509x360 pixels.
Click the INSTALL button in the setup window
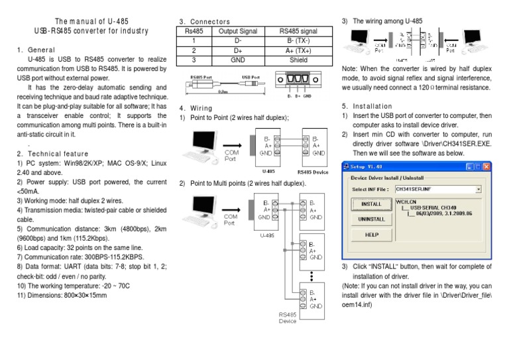371,204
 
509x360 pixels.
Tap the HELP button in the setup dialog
371,235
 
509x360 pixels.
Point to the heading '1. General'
32,50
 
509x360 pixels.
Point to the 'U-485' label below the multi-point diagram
266,234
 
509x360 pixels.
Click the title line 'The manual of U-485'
91,21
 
